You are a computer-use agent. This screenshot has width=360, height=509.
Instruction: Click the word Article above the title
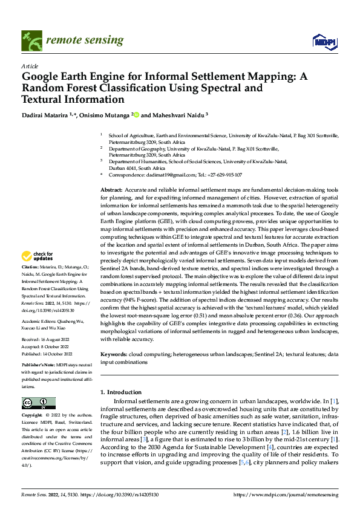tap(30, 66)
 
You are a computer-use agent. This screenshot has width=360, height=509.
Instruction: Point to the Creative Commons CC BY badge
tap(38, 403)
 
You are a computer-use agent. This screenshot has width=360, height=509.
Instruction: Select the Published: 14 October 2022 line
tap(47, 354)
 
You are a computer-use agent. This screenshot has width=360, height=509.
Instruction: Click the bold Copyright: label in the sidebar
tap(32, 416)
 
